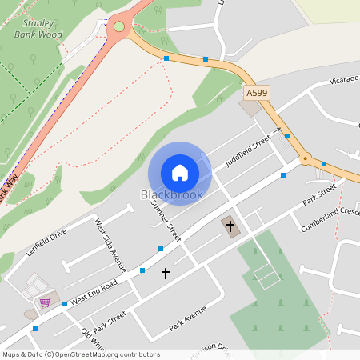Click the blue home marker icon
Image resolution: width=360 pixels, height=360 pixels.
click(180, 173)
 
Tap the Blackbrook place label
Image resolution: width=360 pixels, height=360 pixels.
click(172, 194)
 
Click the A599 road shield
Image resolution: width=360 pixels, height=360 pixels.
click(257, 94)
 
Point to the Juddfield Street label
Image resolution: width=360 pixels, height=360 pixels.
click(248, 150)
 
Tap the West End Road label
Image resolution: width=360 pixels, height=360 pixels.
click(94, 292)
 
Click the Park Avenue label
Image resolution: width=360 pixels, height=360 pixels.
click(188, 318)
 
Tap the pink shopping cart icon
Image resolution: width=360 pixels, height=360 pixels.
click(46, 302)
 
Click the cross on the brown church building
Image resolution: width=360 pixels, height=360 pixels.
click(230, 226)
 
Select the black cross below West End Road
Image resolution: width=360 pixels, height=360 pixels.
click(166, 274)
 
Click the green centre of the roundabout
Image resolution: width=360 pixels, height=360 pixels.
click(119, 26)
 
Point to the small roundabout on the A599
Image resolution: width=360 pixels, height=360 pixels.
click(305, 159)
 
